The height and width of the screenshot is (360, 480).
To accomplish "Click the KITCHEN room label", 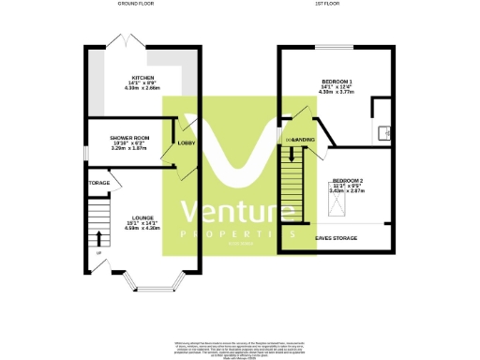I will [142, 78].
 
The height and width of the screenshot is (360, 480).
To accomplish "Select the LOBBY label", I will [186, 143].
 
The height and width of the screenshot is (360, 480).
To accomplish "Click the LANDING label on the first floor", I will [303, 139].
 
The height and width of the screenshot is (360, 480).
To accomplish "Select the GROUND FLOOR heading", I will [137, 5].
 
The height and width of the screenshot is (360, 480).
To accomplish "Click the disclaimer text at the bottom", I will [239, 348].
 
